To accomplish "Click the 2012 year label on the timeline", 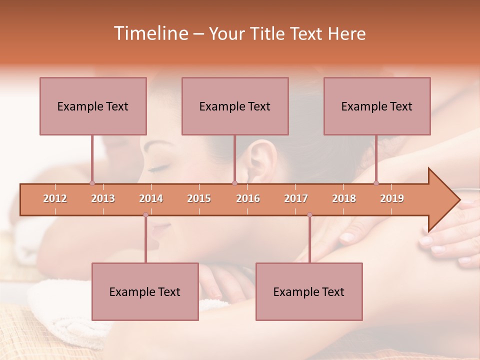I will click(x=55, y=198).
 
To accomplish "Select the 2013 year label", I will click(x=103, y=198).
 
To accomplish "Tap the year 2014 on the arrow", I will click(x=151, y=198).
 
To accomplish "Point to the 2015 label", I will click(x=199, y=198).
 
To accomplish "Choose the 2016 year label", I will click(x=248, y=198).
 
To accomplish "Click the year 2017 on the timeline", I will click(x=296, y=198).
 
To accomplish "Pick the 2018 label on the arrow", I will click(x=344, y=198).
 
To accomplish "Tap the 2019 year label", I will click(x=392, y=198).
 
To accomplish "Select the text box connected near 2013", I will click(x=93, y=106).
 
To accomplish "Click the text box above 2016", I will click(x=235, y=106).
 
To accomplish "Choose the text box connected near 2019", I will click(x=377, y=106).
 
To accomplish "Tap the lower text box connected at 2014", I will click(x=145, y=291).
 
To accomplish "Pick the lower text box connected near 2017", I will click(x=309, y=291).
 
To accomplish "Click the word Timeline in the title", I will click(x=150, y=33).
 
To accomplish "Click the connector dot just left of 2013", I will click(x=92, y=183).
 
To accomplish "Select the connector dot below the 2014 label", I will click(x=145, y=214).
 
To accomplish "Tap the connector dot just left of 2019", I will click(x=376, y=183).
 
